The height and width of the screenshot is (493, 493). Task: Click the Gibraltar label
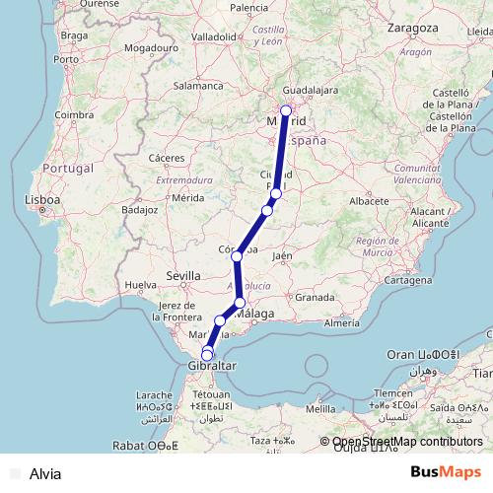click(x=210, y=366)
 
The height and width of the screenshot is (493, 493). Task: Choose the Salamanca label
click(x=199, y=86)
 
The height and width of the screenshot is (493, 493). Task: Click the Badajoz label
click(x=139, y=210)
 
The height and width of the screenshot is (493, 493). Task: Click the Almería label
click(x=341, y=322)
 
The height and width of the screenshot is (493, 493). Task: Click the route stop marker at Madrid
click(x=286, y=111)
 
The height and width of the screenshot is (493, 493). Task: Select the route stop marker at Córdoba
click(x=237, y=256)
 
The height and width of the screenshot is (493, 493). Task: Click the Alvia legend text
click(x=45, y=474)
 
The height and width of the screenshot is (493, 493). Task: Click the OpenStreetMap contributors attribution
click(x=407, y=443)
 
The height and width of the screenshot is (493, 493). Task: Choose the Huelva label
click(x=143, y=285)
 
